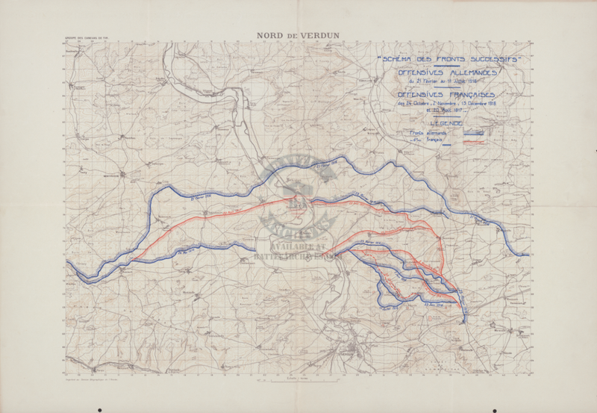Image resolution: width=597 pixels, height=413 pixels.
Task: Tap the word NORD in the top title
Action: (x=271, y=34)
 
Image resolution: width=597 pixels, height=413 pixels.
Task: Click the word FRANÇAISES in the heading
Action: (x=468, y=96)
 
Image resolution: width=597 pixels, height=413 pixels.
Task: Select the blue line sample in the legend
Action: (x=475, y=134)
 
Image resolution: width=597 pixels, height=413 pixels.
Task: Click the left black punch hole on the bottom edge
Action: (x=100, y=409)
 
